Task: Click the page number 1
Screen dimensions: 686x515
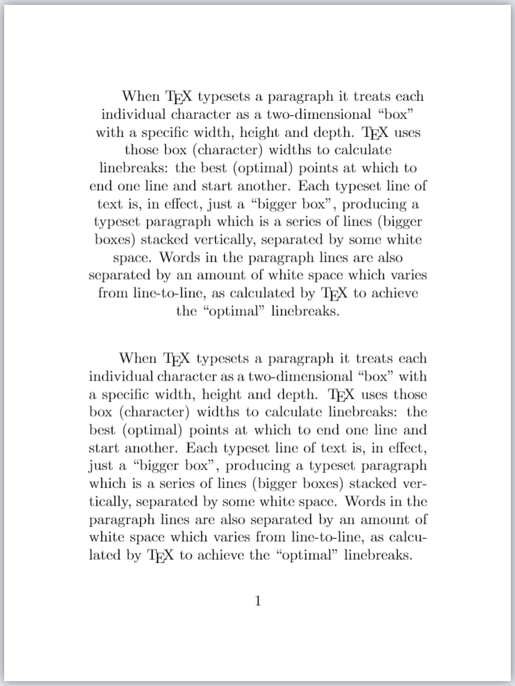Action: tap(257, 601)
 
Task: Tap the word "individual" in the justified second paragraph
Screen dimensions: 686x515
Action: tap(117, 376)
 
